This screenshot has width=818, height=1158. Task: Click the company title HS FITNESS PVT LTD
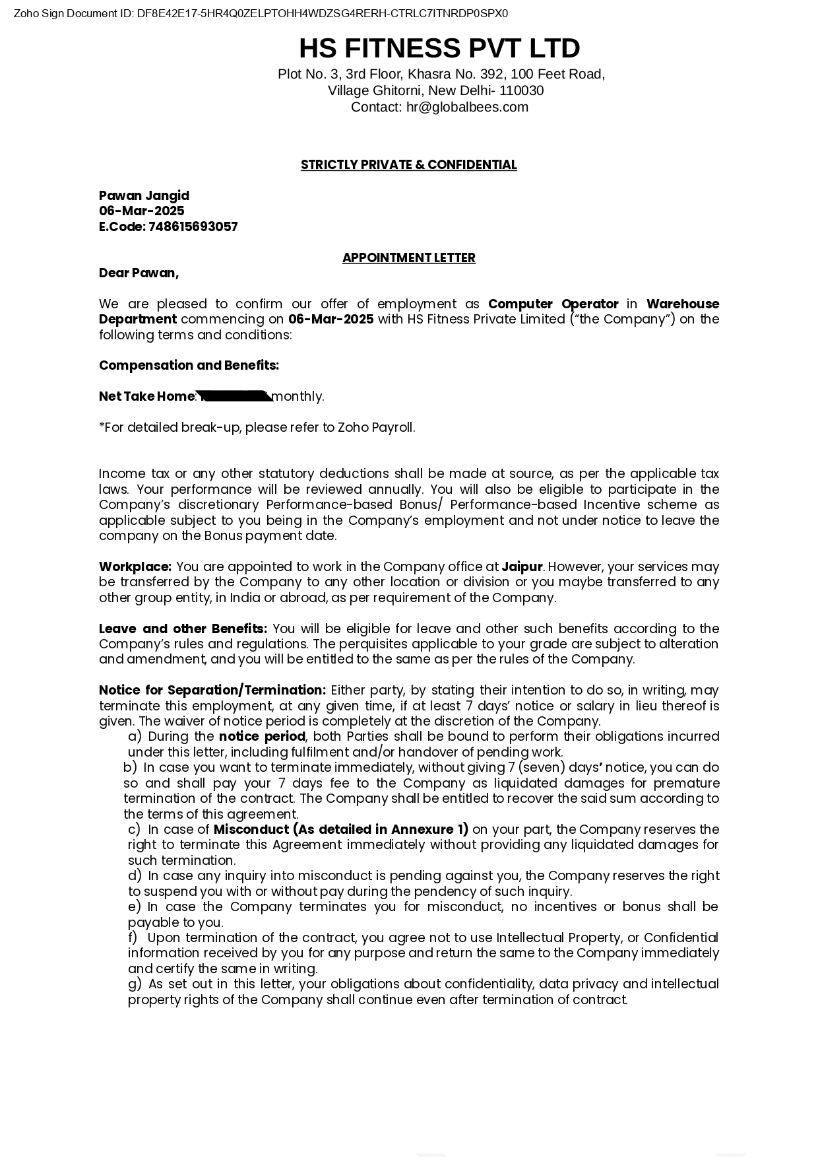tap(439, 49)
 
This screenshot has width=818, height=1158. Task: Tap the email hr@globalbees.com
tap(467, 108)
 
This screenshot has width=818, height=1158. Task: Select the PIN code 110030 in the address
tap(521, 91)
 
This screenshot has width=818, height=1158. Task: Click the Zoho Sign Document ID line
tap(261, 13)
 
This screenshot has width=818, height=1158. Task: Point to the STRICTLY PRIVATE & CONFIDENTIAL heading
tap(408, 165)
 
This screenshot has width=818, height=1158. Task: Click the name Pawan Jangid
tap(144, 196)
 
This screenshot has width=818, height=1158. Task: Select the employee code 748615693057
tap(193, 227)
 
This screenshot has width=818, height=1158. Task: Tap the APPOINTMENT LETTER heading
tap(408, 258)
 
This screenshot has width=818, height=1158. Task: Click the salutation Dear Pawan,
tap(139, 273)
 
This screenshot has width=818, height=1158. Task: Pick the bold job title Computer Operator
tap(553, 304)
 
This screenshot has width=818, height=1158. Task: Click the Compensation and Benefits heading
tap(189, 366)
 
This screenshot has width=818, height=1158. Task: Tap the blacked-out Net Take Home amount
tap(234, 396)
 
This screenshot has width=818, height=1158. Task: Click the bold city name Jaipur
tap(522, 567)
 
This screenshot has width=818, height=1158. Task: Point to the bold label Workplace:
tap(135, 567)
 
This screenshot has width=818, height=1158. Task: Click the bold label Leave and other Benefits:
tap(183, 629)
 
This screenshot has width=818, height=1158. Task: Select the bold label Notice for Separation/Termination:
tap(212, 691)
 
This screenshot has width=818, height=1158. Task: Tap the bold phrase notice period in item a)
tap(262, 737)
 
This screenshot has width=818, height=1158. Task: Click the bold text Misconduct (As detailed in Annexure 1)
tap(340, 830)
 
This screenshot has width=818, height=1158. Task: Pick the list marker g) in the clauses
tap(135, 984)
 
